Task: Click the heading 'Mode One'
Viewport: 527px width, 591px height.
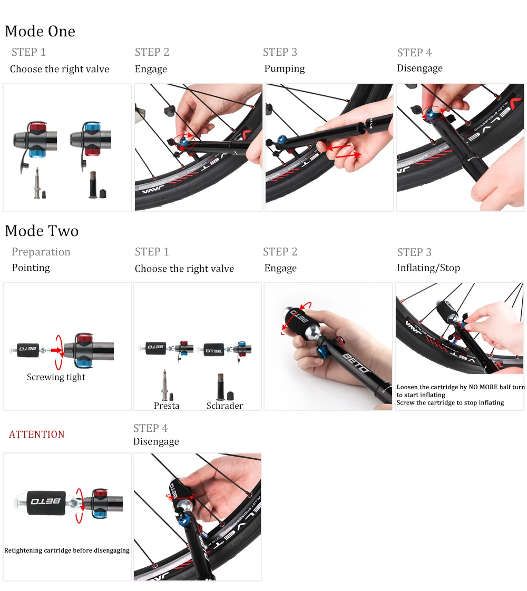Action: point(40,31)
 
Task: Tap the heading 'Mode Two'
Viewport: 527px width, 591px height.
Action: point(42,231)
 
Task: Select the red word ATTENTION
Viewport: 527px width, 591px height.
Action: point(36,434)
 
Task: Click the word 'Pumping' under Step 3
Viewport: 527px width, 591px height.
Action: point(285,68)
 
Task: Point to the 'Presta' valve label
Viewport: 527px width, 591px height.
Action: point(167,406)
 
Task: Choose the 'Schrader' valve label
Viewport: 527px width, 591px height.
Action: point(225,406)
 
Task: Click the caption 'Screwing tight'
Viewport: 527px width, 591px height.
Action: point(56,377)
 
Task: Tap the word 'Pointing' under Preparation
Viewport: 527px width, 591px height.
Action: point(31,268)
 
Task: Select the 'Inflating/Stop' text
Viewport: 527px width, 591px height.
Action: point(428,268)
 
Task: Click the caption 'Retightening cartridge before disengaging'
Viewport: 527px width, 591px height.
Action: point(67,550)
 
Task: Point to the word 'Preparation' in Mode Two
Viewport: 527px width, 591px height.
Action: point(41,252)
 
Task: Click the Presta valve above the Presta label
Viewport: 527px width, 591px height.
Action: point(165,385)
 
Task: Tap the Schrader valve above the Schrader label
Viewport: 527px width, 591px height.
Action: point(221,387)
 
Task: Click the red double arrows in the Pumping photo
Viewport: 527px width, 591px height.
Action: point(343,150)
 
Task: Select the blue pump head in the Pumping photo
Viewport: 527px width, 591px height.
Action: point(282,141)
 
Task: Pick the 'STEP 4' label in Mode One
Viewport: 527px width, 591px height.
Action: point(414,52)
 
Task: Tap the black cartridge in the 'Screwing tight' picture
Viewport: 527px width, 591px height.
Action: point(28,349)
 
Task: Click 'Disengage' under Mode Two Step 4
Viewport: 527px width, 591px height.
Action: point(156,441)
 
